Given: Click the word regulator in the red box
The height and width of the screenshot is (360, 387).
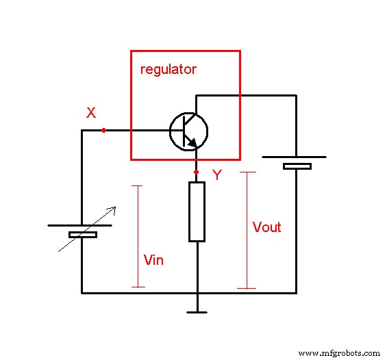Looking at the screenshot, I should (168, 70).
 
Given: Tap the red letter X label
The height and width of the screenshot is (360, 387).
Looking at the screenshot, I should (90, 113).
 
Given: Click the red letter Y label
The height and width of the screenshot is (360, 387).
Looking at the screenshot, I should (216, 175).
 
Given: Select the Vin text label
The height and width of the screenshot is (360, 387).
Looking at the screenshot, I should (153, 260).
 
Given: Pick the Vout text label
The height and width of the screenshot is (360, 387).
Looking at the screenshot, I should (266, 227).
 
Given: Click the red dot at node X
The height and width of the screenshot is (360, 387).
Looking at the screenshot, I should (103, 130).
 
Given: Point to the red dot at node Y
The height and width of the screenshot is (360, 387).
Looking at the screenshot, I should (197, 172).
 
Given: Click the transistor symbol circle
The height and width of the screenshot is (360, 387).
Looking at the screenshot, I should (188, 131).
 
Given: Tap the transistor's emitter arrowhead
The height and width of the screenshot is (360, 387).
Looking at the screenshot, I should (194, 143).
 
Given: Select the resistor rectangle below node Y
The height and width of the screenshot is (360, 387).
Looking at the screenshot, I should (197, 211).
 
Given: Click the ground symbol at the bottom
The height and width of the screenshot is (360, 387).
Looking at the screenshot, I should (197, 312).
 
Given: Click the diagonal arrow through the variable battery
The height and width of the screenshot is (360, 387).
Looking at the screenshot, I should (86, 229).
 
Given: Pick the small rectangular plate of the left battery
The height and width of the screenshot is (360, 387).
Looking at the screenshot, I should (82, 235).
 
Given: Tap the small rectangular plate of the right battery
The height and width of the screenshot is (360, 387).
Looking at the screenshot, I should (297, 166).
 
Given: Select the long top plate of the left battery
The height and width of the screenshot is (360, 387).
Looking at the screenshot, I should (80, 225).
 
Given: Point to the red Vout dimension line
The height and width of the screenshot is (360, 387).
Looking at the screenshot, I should (247, 230).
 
